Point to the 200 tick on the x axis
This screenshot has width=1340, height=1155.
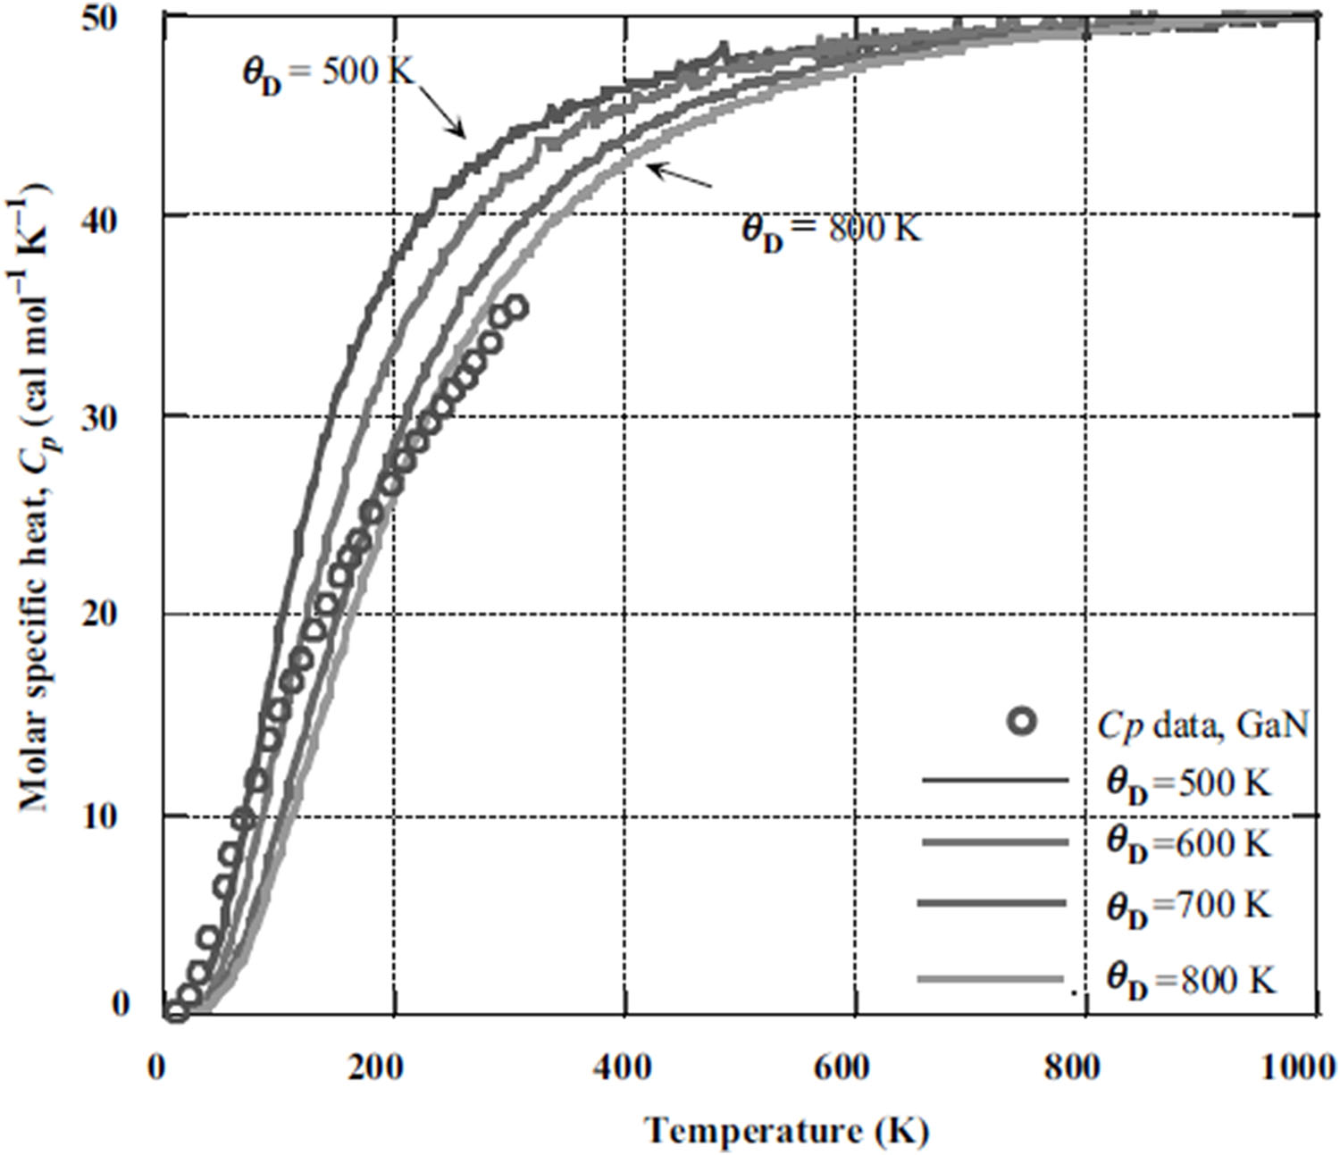click(393, 1068)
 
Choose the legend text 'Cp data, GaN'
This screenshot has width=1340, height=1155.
click(1202, 726)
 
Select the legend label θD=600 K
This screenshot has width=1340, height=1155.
click(1188, 843)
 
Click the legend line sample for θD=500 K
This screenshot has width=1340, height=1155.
click(994, 782)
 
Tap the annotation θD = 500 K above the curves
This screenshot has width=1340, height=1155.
click(329, 73)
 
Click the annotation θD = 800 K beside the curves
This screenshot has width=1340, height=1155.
click(831, 230)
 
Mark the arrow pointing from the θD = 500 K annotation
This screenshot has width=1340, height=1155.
click(442, 112)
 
